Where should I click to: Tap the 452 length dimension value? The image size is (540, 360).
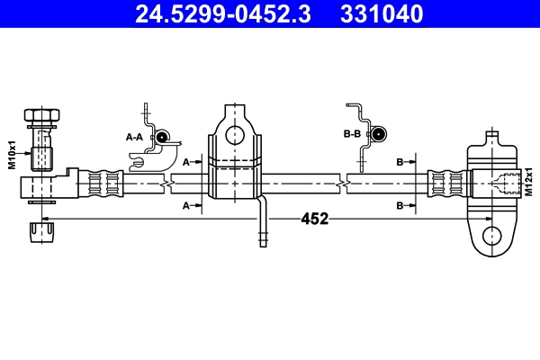(314, 219)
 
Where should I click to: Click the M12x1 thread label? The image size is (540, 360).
(531, 179)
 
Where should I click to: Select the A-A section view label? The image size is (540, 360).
(134, 137)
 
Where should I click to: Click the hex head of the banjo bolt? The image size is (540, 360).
(41, 117)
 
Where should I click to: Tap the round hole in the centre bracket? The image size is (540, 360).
(235, 135)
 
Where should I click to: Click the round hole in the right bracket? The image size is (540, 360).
(490, 236)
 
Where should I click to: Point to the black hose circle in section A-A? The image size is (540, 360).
(163, 137)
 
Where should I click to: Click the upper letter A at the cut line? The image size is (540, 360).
(186, 162)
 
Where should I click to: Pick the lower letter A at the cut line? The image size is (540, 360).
(186, 206)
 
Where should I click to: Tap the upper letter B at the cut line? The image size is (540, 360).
(400, 162)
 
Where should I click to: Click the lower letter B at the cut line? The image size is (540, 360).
(400, 206)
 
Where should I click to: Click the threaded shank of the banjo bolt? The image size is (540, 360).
(41, 148)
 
